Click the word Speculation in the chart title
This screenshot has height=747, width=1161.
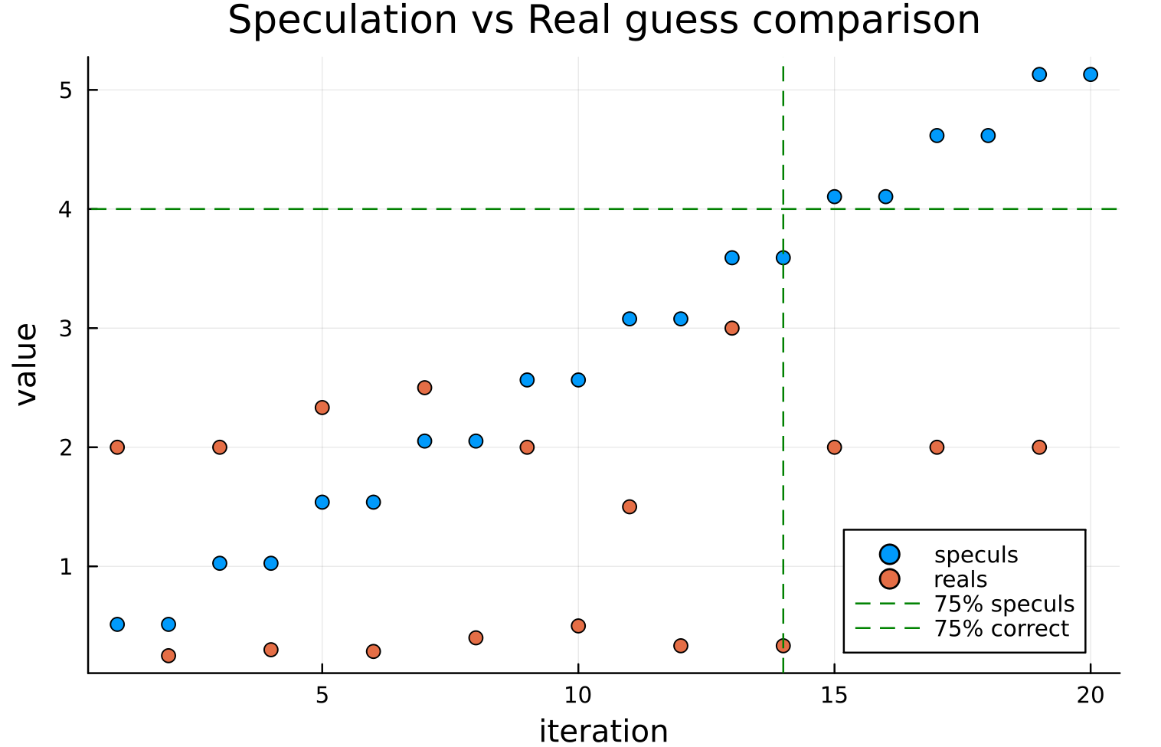pos(342,21)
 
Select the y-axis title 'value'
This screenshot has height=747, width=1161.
pos(26,364)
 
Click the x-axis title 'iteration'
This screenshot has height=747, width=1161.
pos(603,730)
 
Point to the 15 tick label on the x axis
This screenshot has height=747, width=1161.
pos(834,695)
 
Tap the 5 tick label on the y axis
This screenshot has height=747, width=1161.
pos(65,90)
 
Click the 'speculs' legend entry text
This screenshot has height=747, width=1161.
pos(976,555)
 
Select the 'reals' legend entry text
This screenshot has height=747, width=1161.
pos(960,579)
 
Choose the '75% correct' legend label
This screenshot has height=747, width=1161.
pos(1001,628)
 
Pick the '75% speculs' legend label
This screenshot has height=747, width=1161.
pos(1004,604)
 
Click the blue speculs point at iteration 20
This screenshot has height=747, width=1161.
pos(1091,74)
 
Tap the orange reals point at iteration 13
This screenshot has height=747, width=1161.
pos(731,328)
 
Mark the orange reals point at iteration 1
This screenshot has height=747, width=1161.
pos(117,447)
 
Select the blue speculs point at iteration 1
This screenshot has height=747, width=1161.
pos(117,624)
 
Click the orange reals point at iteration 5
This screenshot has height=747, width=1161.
pos(322,407)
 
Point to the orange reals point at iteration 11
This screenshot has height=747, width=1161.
pos(630,506)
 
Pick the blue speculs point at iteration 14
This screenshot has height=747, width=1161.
pos(783,257)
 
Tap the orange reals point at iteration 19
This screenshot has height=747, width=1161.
pos(1039,447)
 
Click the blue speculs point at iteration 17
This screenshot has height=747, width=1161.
pos(937,136)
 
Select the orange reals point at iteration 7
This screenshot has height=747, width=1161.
pos(424,387)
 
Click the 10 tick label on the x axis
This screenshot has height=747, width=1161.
pos(578,695)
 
